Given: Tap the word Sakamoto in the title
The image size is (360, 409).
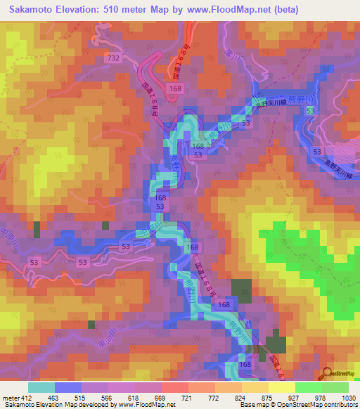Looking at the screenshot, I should [34, 10].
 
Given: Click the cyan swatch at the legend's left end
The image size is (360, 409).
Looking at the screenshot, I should [41, 387].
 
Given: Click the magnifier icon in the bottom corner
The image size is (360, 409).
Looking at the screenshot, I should [327, 372].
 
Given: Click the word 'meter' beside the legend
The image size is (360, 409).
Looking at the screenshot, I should [8, 397].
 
